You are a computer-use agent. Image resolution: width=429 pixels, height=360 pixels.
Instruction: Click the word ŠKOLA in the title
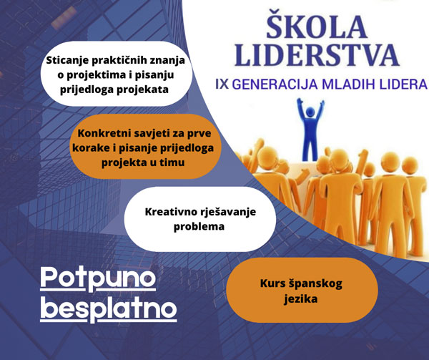(317, 24)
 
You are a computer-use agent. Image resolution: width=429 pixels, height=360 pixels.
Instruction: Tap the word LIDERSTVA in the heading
(317, 55)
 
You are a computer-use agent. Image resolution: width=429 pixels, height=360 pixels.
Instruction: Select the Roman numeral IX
(222, 84)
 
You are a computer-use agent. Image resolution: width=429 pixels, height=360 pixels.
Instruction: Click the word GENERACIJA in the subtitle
(275, 84)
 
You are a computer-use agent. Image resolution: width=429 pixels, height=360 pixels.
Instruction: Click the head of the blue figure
(310, 112)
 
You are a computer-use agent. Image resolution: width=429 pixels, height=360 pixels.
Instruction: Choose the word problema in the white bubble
(199, 227)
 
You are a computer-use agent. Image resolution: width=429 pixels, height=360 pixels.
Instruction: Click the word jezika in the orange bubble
(301, 298)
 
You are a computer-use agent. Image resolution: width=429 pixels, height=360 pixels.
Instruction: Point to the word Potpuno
(98, 278)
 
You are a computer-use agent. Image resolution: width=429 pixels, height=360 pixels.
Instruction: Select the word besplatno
(109, 308)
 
